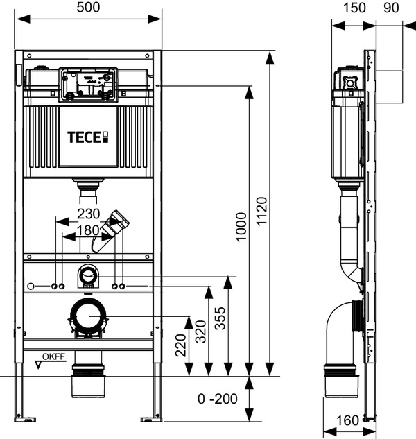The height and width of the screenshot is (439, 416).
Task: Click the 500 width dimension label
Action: tap(88, 8)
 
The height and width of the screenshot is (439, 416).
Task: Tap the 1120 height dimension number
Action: tap(262, 212)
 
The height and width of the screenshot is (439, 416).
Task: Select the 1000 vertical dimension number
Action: tap(241, 227)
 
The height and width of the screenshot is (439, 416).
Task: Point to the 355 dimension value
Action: tap(220, 318)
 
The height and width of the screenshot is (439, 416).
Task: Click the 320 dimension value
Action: tap(200, 332)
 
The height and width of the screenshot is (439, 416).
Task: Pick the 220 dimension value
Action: tap(180, 345)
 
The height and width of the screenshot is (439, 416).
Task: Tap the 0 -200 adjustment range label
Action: tap(218, 399)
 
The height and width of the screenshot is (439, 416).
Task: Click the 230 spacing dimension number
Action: tap(89, 214)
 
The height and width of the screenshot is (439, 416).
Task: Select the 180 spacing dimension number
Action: tap(88, 230)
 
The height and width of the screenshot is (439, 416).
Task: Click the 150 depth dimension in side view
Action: tap(354, 8)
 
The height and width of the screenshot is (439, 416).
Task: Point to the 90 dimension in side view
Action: tap(391, 8)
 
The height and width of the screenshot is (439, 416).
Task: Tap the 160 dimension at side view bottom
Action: tap(347, 420)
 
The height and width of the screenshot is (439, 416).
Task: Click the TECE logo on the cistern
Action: tap(87, 137)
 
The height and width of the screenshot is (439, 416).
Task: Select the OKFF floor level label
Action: tap(54, 356)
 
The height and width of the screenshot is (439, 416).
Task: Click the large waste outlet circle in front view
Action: tap(88, 316)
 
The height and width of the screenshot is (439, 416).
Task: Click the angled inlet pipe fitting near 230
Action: tap(110, 231)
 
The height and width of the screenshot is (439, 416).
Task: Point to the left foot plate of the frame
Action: tap(25, 420)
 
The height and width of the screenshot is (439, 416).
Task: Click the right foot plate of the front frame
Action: tap(151, 420)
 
